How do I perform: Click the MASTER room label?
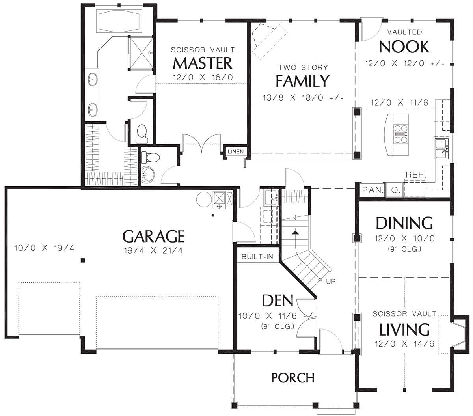[203, 63]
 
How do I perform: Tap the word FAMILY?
[302, 81]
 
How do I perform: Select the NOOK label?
[404, 47]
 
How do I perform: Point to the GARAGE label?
[153, 236]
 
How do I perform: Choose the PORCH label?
[293, 378]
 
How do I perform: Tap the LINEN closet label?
[236, 151]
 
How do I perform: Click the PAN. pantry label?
[373, 190]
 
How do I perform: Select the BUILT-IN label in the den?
[257, 257]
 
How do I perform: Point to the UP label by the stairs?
[331, 282]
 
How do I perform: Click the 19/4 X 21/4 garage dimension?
[153, 251]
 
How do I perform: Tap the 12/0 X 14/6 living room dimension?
[404, 343]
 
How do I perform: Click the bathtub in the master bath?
[119, 21]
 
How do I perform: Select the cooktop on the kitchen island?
[401, 134]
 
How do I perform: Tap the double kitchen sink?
[441, 149]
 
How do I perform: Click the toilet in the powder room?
[151, 157]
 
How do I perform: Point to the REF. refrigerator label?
[416, 175]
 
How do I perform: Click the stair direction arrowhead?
[295, 232]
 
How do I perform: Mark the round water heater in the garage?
[204, 200]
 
